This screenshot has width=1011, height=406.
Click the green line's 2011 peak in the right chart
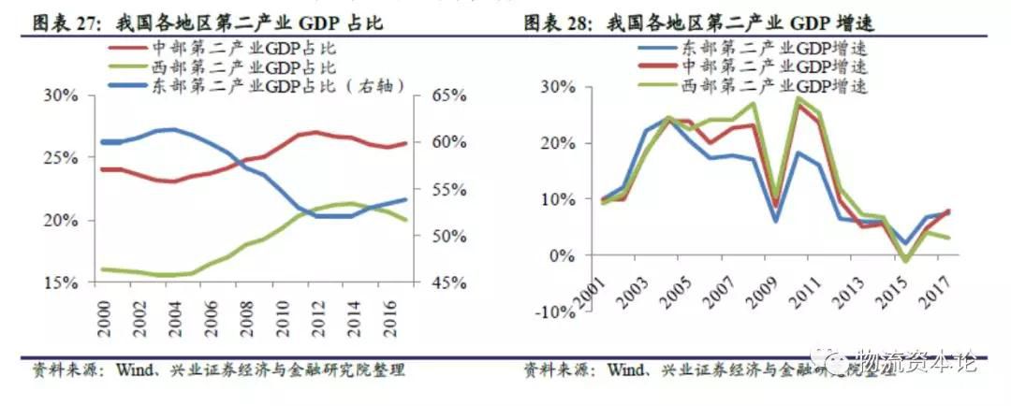tap(798, 97)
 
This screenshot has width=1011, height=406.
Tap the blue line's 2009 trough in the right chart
tap(775, 222)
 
